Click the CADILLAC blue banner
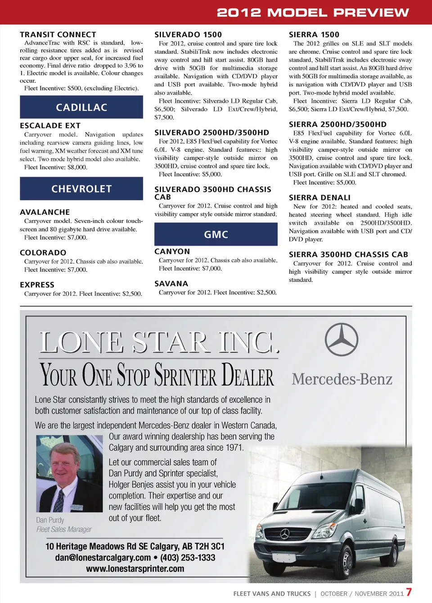click(81, 107)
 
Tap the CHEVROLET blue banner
click(81, 189)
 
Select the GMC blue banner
click(216, 234)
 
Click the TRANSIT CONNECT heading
click(58, 35)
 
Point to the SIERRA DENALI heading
click(319, 198)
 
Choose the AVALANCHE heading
click(45, 212)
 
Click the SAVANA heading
click(171, 284)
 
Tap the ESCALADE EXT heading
click(50, 126)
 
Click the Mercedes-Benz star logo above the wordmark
click(342, 340)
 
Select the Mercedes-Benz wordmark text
click(342, 379)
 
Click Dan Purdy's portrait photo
click(69, 473)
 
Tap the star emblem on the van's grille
click(285, 534)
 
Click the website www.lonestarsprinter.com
click(135, 569)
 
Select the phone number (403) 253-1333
click(188, 558)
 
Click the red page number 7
click(409, 592)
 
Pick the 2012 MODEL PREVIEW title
click(313, 12)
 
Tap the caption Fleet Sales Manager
click(64, 530)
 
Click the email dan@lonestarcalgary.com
click(103, 558)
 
